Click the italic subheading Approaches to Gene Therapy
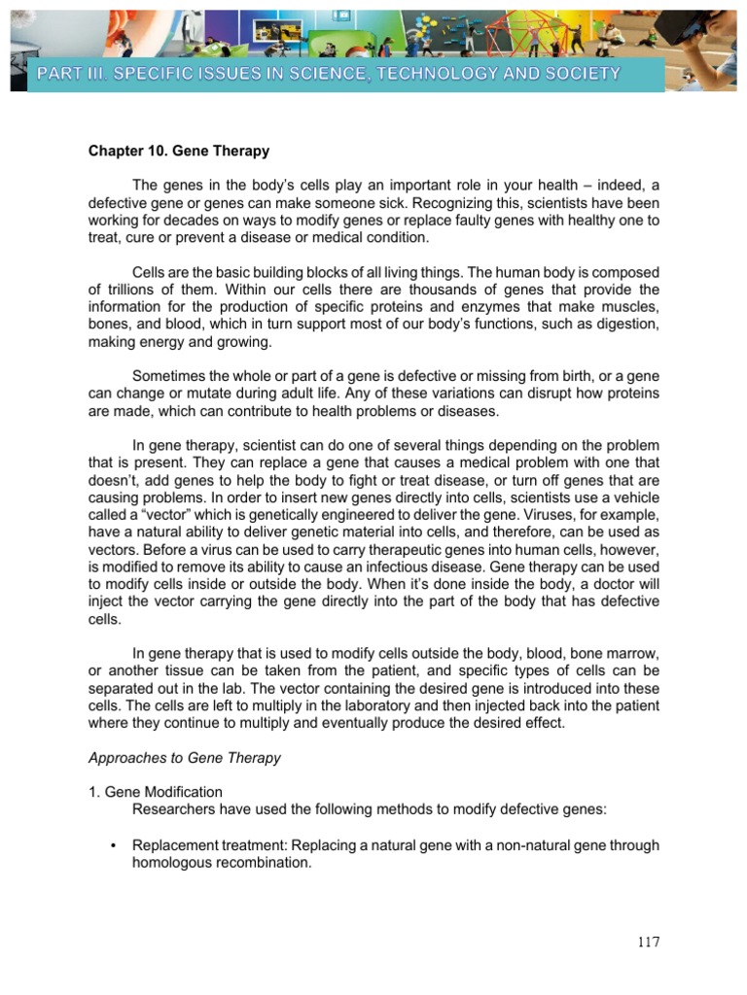(x=185, y=758)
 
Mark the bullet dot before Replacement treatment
(x=114, y=845)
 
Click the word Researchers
(x=173, y=809)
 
